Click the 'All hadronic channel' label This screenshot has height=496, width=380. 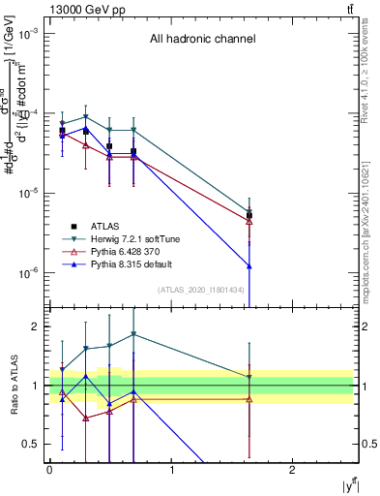click(x=202, y=40)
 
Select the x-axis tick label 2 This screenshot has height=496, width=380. click(x=293, y=470)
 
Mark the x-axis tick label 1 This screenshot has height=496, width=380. click(x=171, y=470)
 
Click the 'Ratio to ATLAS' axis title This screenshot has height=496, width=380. click(x=13, y=385)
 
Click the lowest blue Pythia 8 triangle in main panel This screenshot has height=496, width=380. click(x=249, y=265)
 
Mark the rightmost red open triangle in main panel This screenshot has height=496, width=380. click(x=249, y=221)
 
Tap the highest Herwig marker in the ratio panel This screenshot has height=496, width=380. click(x=133, y=334)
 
